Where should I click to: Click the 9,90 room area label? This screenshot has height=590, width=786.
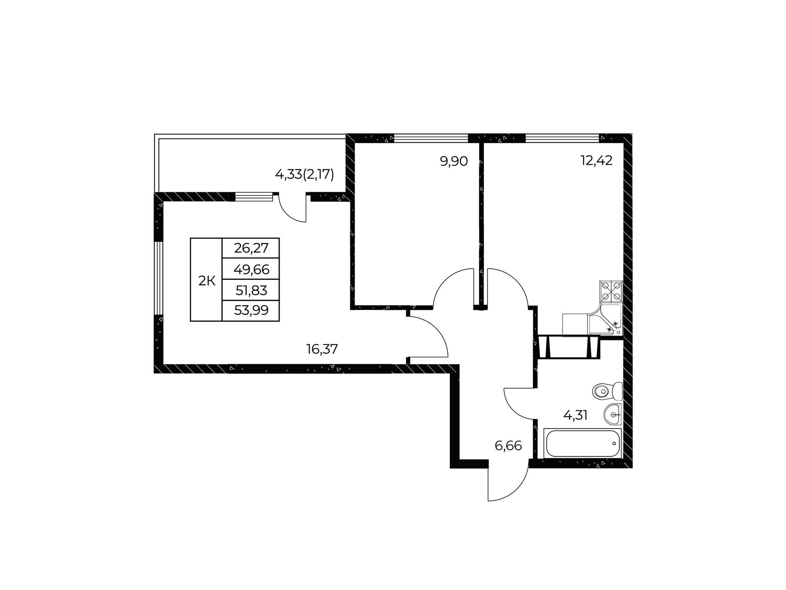coord(454,161)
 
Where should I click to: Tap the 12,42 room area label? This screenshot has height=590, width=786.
coord(596,161)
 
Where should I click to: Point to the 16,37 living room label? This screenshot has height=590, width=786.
coord(322,349)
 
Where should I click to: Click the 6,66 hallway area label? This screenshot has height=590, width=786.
coord(508,445)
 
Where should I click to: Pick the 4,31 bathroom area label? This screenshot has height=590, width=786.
coord(575,415)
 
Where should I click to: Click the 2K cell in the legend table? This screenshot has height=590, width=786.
coord(206,280)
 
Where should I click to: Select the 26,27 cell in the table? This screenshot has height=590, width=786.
coord(251,248)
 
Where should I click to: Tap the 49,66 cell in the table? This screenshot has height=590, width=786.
coord(251,269)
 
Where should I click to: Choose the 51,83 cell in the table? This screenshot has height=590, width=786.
coord(251,290)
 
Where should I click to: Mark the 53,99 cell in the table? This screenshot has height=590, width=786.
coord(251,311)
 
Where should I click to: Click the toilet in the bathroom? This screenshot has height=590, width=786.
coord(608,391)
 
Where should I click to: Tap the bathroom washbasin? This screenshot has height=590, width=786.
coord(613,414)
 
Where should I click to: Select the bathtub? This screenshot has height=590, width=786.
coord(583,443)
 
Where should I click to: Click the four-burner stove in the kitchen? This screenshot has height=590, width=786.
coord(611,292)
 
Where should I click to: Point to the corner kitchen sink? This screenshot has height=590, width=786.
coord(605,320)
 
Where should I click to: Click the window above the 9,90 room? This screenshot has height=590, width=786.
coord(431,138)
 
